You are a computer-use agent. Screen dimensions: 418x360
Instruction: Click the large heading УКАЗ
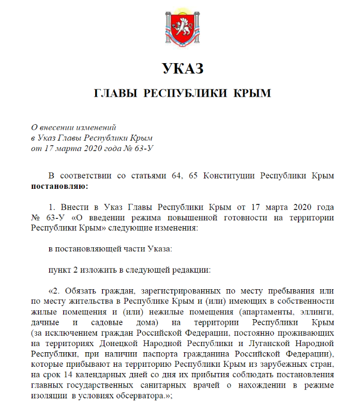coord(182,69)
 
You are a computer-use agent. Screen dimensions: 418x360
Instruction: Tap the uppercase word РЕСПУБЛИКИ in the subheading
coord(185,94)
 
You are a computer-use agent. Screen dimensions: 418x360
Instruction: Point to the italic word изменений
coord(96,127)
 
